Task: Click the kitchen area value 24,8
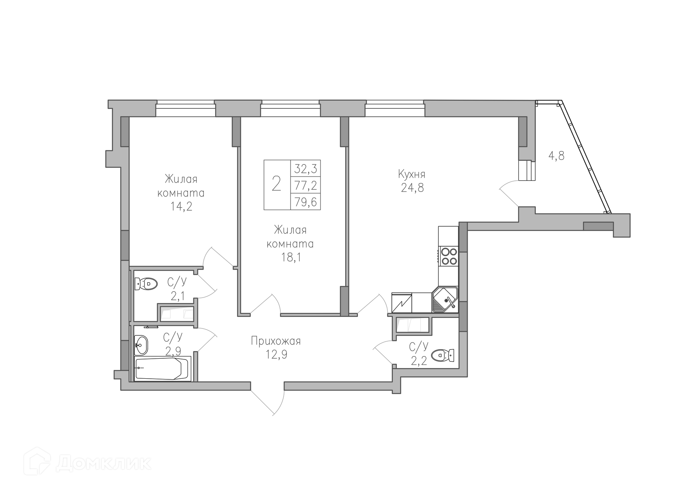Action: (x=412, y=188)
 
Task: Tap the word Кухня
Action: (x=412, y=174)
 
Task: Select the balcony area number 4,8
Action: (x=556, y=156)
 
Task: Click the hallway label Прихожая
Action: (x=276, y=341)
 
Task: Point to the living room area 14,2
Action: (x=181, y=207)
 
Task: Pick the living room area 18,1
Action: (x=290, y=258)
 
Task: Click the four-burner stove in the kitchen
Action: (x=448, y=256)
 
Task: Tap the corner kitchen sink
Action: (x=445, y=299)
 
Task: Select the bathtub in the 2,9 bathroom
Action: (x=163, y=368)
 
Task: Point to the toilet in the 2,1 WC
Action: (x=146, y=284)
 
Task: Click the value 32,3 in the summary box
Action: (x=305, y=168)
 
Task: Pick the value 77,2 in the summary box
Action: (x=305, y=186)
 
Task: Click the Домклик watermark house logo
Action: (x=37, y=461)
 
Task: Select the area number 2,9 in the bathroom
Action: (x=173, y=351)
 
